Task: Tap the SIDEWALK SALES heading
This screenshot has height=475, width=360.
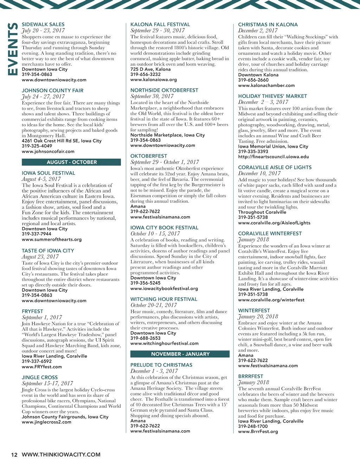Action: (x=43, y=24)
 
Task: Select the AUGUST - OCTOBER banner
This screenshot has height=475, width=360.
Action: (x=72, y=162)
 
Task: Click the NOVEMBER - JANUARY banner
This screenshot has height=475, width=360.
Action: (x=180, y=354)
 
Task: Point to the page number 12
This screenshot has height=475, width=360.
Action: (x=14, y=455)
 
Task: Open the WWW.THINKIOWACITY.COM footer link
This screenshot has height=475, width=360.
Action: (x=61, y=455)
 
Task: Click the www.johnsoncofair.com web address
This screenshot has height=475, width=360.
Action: (x=48, y=151)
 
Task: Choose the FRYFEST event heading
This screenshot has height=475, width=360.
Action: (x=32, y=311)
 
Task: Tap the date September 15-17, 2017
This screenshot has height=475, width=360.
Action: (x=47, y=384)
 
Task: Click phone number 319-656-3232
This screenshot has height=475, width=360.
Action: (x=146, y=74)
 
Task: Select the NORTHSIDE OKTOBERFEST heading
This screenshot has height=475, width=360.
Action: (x=164, y=90)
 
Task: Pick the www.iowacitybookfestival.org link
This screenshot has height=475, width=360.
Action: (x=164, y=289)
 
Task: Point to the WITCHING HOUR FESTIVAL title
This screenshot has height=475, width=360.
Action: (x=164, y=299)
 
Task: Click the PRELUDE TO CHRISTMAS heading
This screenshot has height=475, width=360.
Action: (x=161, y=365)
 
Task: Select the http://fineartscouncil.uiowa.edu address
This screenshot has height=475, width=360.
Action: (x=274, y=157)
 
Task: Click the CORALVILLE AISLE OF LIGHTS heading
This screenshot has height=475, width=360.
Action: (x=275, y=167)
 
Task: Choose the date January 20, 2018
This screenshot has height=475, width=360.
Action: (x=258, y=317)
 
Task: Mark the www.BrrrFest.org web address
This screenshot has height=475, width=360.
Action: (x=258, y=431)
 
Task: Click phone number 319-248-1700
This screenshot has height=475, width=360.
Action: (x=253, y=426)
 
